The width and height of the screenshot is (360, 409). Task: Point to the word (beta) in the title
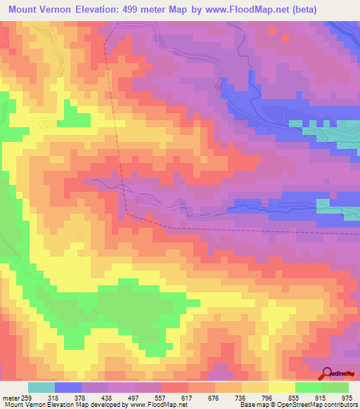pos(296,10)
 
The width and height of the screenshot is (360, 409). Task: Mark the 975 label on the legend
pos(347,397)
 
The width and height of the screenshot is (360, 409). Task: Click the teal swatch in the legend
pos(41,387)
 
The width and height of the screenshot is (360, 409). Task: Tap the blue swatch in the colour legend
pos(68,387)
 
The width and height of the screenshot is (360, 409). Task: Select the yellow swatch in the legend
pos(282,387)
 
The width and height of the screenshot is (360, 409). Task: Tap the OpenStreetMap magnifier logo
pos(328,373)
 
